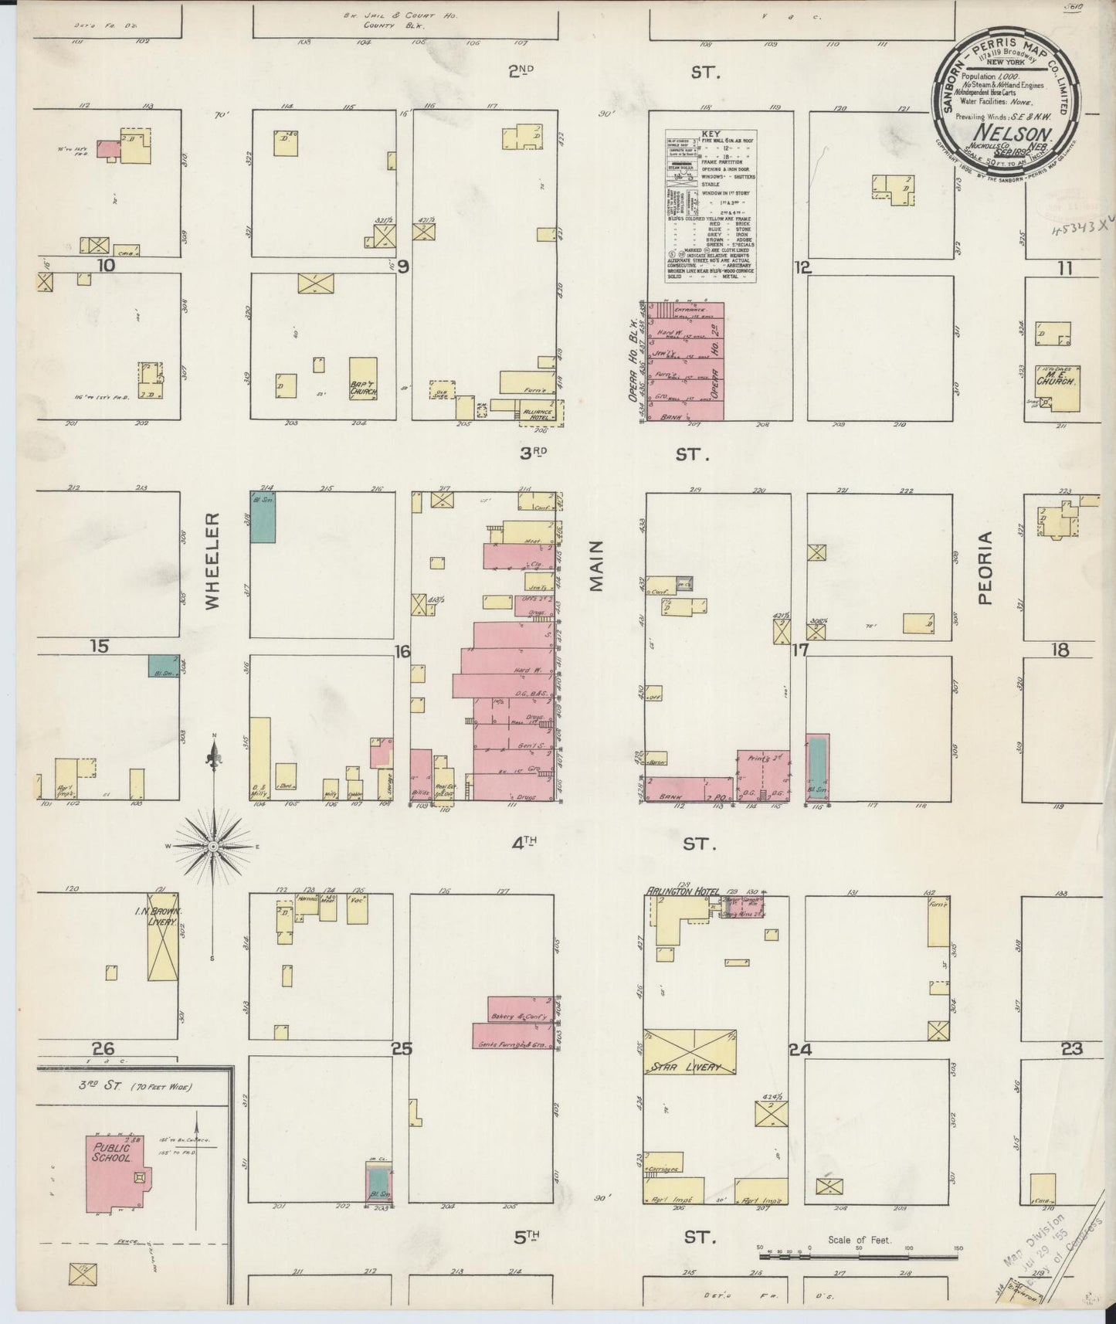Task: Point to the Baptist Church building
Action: (363, 388)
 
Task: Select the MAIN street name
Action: (595, 566)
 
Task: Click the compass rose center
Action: (212, 847)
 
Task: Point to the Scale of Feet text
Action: (859, 1240)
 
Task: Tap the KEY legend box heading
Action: (711, 134)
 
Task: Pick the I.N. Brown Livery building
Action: (163, 939)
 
